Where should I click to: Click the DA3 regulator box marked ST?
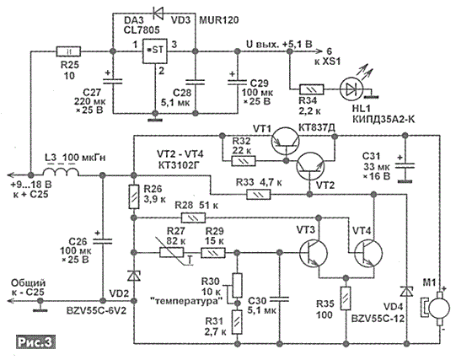[155, 51]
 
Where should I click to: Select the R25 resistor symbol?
[68, 51]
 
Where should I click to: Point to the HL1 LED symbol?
[351, 89]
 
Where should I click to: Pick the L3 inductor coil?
[61, 172]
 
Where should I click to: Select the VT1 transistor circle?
[285, 142]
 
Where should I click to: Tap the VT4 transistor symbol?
[368, 252]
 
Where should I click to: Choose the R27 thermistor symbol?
[172, 253]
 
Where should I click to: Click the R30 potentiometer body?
[238, 285]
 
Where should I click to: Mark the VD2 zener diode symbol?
[134, 276]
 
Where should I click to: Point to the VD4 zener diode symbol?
[406, 291]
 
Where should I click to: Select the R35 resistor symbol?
[346, 298]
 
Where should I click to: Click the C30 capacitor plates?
[280, 299]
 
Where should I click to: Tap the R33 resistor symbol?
[259, 195]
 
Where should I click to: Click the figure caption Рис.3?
[35, 342]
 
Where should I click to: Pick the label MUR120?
[219, 20]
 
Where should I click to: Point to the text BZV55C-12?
[378, 319]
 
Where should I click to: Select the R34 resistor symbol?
[312, 89]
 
